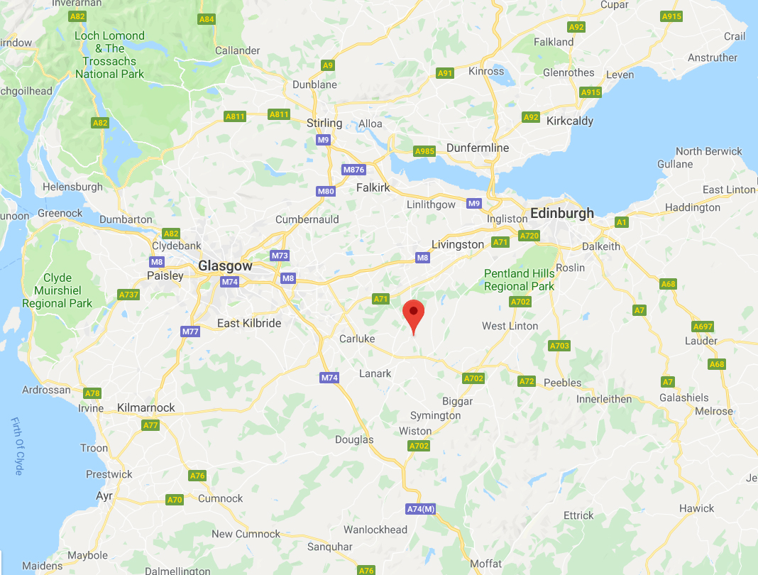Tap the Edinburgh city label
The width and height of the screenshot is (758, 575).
coord(561,213)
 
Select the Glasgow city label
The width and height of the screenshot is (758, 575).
coord(225,265)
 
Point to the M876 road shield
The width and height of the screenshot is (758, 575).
coord(353,170)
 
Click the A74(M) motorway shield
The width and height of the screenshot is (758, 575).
coord(420,509)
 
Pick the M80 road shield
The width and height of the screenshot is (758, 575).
coord(326,191)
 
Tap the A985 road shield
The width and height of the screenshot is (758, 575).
coord(424,151)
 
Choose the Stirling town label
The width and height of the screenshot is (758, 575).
coord(324,123)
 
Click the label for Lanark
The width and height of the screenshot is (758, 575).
coord(375,373)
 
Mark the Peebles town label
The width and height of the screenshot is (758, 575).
coord(562,383)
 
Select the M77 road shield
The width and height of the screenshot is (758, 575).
coord(190,332)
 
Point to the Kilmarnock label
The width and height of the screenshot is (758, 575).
coord(145,408)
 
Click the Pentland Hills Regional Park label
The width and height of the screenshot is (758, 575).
coord(519,280)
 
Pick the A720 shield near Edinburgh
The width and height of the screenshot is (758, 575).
coord(529,235)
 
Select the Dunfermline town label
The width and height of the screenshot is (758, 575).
coord(478,148)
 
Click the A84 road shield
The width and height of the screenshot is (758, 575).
coord(207,19)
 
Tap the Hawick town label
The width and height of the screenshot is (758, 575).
coord(696,508)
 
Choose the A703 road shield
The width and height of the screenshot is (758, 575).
coord(559,346)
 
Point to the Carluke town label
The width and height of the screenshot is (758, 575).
coord(357,339)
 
